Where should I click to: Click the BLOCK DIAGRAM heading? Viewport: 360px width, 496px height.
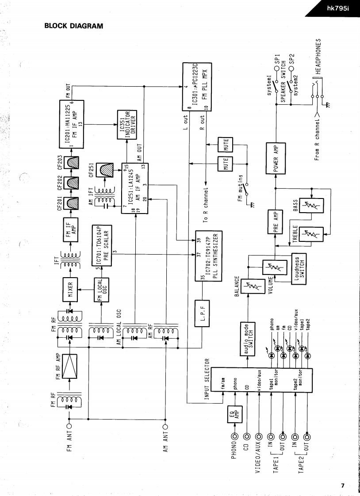[73, 26]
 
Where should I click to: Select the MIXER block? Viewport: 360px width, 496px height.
[72, 288]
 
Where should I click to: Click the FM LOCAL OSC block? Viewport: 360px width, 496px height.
[102, 289]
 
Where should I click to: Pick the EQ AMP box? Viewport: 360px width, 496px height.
[233, 414]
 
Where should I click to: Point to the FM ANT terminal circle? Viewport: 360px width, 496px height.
[69, 427]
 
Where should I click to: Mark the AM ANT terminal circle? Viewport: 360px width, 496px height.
[165, 427]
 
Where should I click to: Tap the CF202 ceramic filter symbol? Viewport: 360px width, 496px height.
[71, 181]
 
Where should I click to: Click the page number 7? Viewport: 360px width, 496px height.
[342, 485]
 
